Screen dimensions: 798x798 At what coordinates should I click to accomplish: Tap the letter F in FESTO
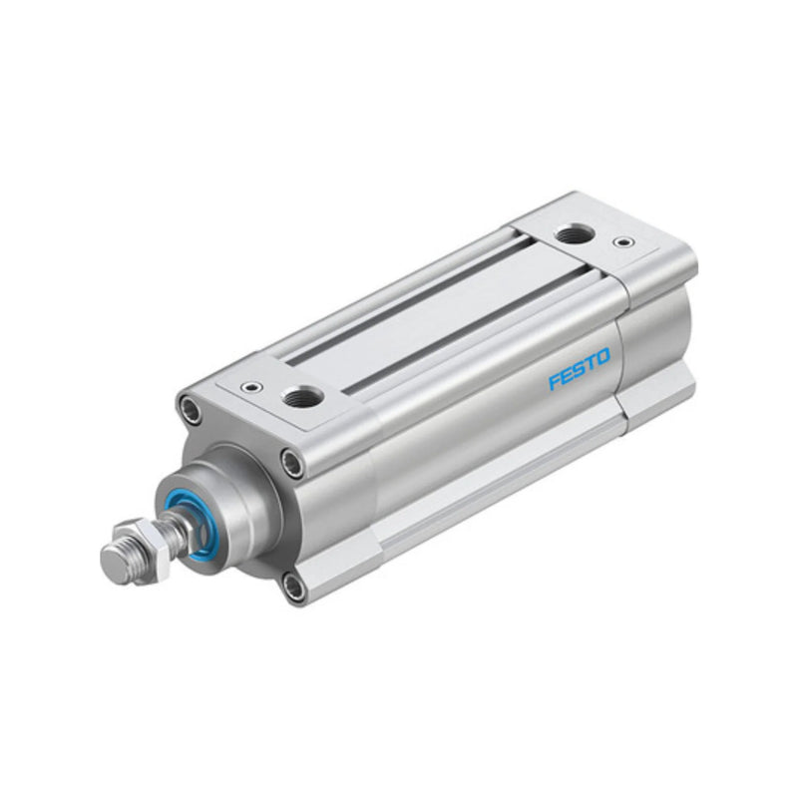click(555, 382)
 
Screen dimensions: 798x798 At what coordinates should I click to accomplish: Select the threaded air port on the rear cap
click(573, 235)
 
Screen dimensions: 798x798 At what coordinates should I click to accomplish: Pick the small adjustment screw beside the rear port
click(623, 241)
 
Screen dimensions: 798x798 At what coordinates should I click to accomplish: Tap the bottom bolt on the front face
click(294, 586)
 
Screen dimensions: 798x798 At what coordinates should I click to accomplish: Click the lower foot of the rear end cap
click(658, 394)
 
